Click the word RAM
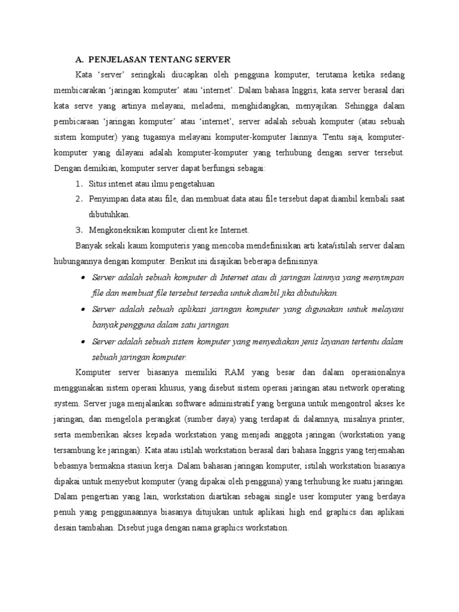(235, 373)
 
